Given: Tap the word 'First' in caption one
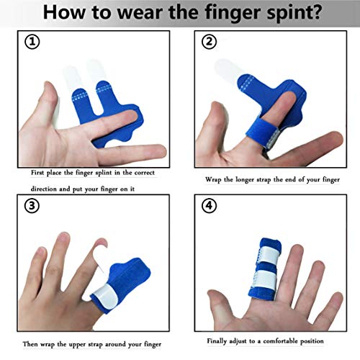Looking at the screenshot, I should [x=41, y=174].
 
